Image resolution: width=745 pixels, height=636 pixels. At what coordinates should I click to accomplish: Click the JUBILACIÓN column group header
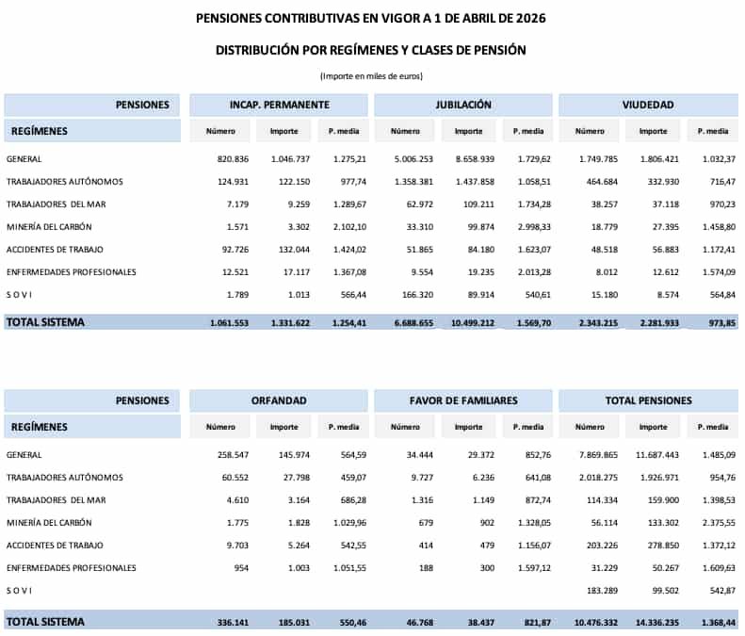pos(463,105)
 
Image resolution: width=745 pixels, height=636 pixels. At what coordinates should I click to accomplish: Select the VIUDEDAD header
pos(647,105)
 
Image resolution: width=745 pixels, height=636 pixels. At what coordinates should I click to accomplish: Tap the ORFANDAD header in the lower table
pos(279,400)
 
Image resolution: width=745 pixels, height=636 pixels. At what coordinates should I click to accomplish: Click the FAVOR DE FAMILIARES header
pos(463,400)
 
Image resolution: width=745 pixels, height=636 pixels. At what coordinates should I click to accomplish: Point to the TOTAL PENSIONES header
pos(648,400)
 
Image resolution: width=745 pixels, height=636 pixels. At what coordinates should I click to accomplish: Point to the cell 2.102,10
pos(345,227)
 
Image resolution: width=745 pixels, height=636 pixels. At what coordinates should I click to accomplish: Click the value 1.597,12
pos(528,568)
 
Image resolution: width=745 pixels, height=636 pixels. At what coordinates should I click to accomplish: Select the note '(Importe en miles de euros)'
pos(371,75)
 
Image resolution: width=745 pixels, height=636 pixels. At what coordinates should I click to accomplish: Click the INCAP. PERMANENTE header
pos(279,105)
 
